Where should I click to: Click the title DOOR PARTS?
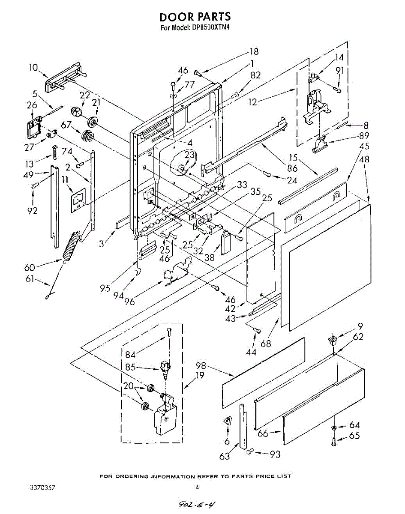195,17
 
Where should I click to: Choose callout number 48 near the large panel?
365,159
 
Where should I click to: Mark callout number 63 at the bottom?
225,456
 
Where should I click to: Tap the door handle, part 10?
64,78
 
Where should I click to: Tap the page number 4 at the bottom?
197,487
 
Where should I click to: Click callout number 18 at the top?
254,51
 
